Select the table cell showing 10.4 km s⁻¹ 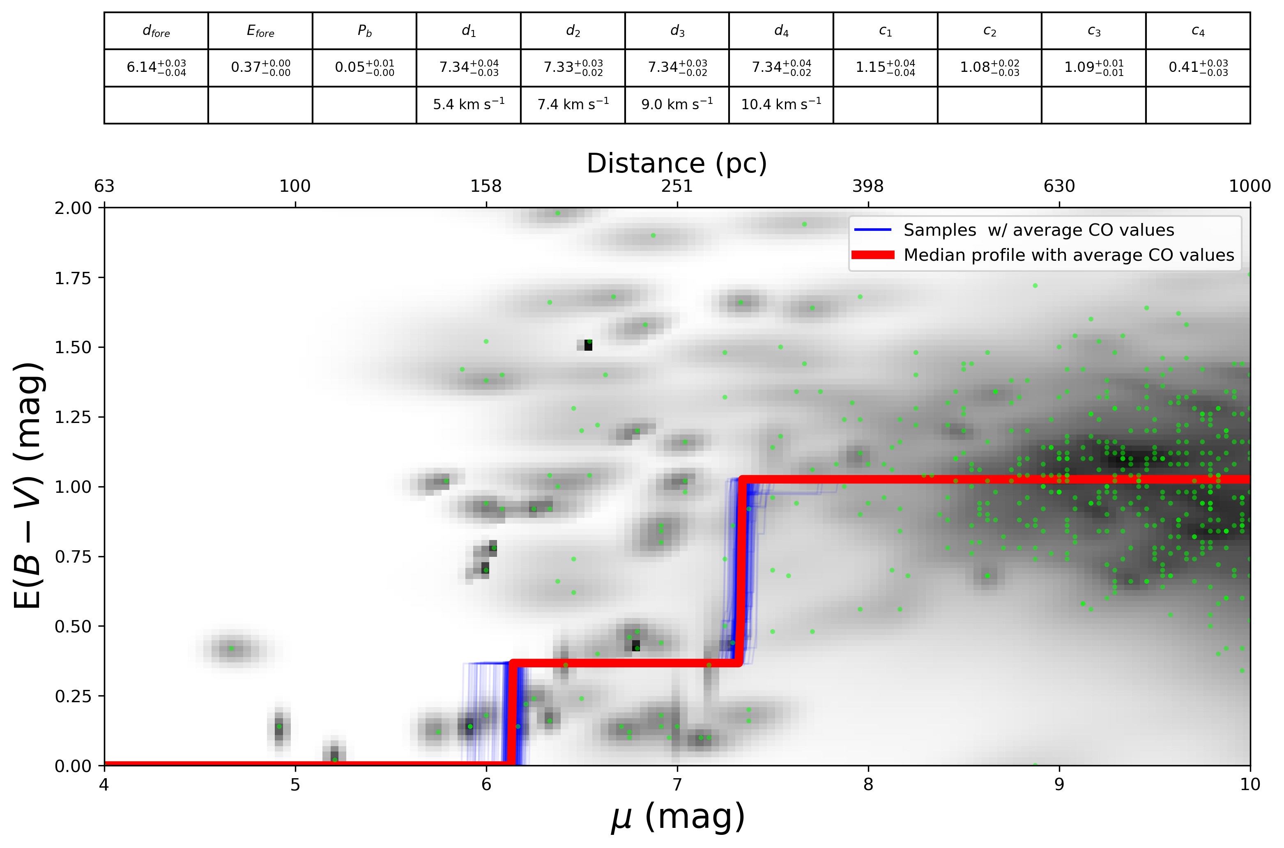[x=780, y=104]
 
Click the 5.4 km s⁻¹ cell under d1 [x=468, y=104]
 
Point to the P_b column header [x=364, y=31]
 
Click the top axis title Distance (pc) [x=677, y=163]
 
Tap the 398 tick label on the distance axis [x=868, y=186]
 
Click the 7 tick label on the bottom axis [x=677, y=784]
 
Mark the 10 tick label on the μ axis [x=1249, y=784]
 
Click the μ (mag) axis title [x=677, y=818]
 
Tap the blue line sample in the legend [x=872, y=230]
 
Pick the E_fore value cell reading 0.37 [x=260, y=68]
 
